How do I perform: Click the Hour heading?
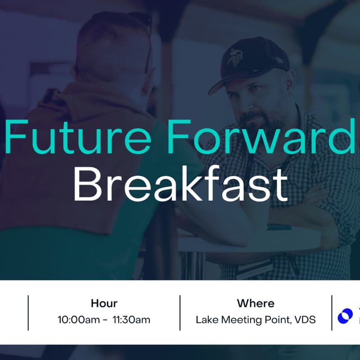click(x=104, y=303)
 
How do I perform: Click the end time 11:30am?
click(x=131, y=320)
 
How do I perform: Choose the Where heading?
click(x=256, y=303)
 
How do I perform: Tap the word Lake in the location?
click(x=206, y=320)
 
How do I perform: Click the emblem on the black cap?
click(x=233, y=58)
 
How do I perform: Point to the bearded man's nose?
click(x=250, y=108)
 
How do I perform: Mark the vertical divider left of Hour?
click(x=28, y=312)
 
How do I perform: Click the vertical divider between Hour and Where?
click(x=180, y=312)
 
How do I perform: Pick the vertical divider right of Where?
click(x=332, y=312)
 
